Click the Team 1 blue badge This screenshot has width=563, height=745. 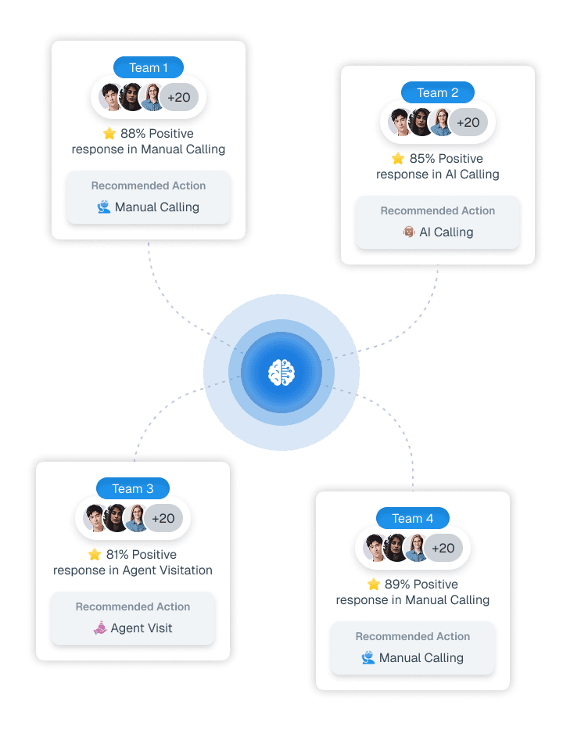tap(149, 67)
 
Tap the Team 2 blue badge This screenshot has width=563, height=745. tap(438, 92)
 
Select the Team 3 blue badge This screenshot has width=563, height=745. tap(133, 488)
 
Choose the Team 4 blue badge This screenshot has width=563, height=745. tap(413, 518)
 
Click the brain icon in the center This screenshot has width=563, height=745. tap(281, 372)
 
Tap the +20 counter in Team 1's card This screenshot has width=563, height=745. tap(179, 98)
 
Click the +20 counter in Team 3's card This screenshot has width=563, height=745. tap(163, 518)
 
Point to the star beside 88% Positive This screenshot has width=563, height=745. tap(109, 134)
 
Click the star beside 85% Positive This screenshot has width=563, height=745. tap(398, 159)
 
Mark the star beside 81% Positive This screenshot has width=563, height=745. tap(95, 555)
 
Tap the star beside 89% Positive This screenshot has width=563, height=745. tap(374, 585)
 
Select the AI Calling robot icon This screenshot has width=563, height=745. tap(408, 232)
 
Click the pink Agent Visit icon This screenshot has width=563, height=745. tap(99, 628)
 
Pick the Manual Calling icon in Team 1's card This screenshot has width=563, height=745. tap(104, 207)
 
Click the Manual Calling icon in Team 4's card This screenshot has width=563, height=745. tap(368, 658)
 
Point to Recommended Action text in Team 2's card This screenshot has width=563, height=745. tap(438, 211)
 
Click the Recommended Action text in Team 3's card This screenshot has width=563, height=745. tap(133, 606)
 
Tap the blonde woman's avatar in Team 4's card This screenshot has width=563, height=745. tap(416, 548)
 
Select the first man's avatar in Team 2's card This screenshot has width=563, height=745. tap(400, 123)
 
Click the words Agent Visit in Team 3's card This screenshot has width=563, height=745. tap(142, 628)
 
